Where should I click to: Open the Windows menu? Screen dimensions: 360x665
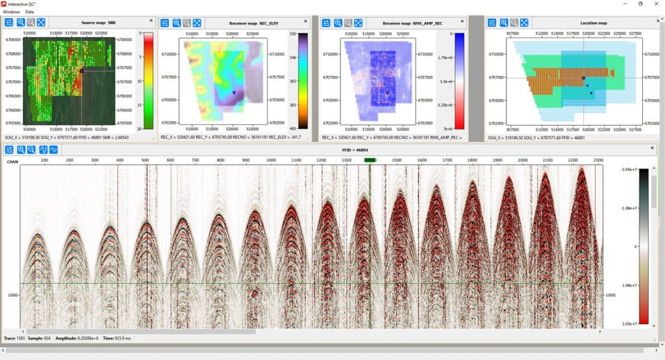tap(11, 12)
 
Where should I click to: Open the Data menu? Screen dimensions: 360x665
tap(30, 12)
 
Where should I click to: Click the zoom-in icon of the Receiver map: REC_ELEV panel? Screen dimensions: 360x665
tap(176, 23)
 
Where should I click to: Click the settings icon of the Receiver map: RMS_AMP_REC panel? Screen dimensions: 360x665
tap(327, 23)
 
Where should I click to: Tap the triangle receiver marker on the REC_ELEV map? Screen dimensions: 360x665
tap(234, 93)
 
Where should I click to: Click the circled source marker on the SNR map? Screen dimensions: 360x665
tap(82, 70)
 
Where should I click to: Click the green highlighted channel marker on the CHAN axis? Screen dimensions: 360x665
tap(370, 159)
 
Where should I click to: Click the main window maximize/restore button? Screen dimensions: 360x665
tap(640, 4)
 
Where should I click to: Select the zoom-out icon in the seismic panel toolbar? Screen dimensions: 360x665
tap(31, 150)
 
